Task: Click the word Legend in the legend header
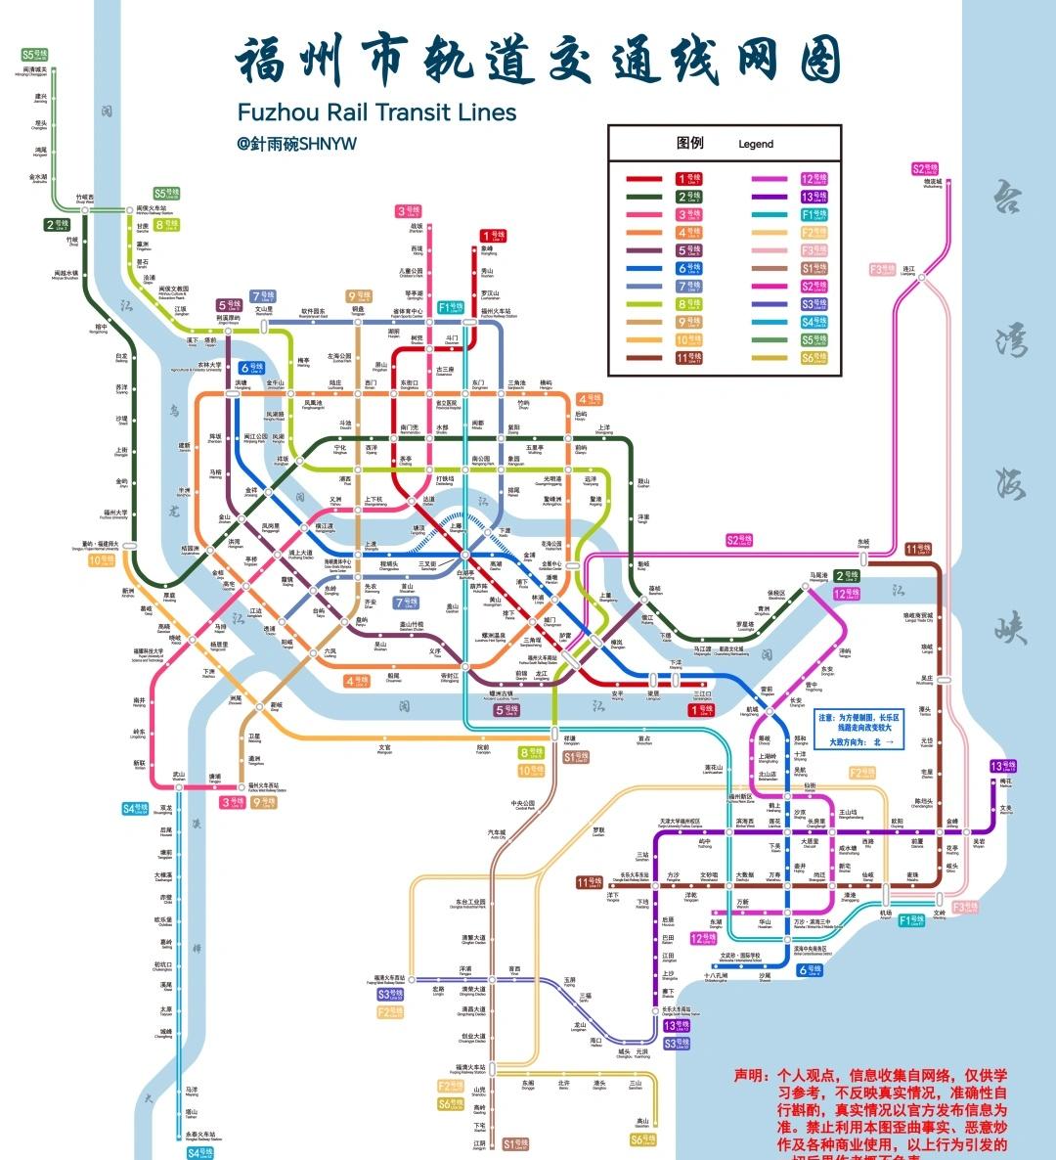point(755,144)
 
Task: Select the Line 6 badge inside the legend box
point(688,268)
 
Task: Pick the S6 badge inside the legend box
point(814,358)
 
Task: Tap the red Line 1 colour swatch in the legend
point(643,179)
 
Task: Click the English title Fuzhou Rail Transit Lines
point(376,112)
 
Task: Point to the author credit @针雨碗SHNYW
point(296,144)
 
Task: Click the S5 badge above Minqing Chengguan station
point(34,56)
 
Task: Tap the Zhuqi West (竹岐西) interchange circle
point(84,207)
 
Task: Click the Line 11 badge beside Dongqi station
point(917,550)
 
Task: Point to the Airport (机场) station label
point(885,915)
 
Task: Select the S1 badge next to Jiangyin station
point(515,1143)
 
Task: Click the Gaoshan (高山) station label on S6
point(642,1123)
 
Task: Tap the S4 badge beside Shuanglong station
point(135,809)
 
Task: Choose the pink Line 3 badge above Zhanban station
point(409,211)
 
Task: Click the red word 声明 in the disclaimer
point(752,1075)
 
